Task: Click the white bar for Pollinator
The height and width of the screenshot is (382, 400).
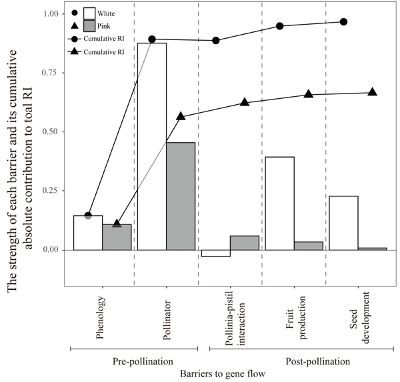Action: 152,146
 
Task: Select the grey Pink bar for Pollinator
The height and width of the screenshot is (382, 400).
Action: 181,196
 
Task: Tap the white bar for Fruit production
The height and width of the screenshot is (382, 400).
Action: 280,203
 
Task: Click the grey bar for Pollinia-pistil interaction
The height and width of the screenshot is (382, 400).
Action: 245,243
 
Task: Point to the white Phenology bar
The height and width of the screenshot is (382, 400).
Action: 87,232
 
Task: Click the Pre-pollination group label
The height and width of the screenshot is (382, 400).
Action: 134,361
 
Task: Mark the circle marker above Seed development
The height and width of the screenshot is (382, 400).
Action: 344,22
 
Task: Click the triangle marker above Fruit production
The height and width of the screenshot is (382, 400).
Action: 309,94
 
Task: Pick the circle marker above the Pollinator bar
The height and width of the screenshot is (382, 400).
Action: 152,40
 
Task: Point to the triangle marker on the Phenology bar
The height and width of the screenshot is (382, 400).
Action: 117,224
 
